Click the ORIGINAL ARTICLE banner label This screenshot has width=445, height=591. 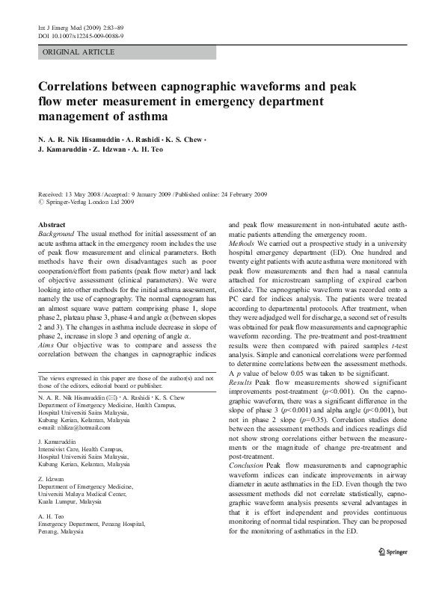click(79, 52)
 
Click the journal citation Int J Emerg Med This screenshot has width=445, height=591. click(61, 28)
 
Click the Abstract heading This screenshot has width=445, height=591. click(52, 225)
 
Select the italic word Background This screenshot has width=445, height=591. click(58, 234)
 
